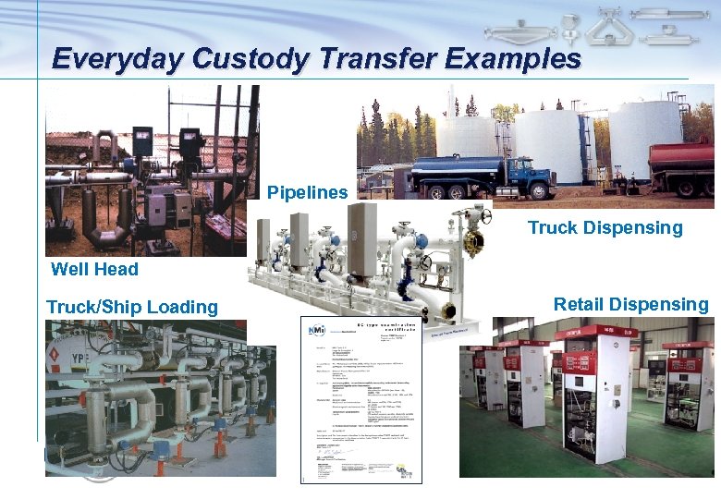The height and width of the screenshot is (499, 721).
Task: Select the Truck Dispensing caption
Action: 605,227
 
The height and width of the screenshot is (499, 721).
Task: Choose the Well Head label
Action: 95,269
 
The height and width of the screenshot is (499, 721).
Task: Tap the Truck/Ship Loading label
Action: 132,307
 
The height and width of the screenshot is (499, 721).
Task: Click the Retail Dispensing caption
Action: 631,304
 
